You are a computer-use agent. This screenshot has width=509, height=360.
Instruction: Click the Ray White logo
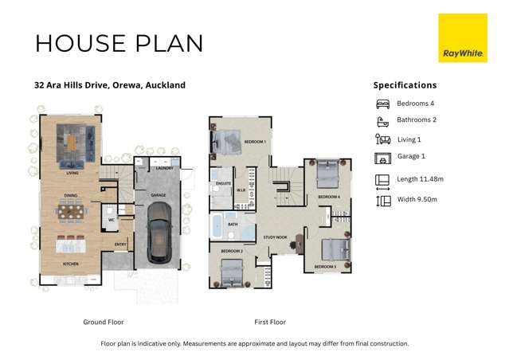click(462, 37)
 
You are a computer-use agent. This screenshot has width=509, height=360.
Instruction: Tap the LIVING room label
click(72, 173)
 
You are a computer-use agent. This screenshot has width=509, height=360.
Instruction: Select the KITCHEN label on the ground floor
click(70, 264)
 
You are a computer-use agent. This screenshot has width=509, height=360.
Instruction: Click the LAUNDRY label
click(165, 168)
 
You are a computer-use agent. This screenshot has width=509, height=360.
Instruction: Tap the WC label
click(112, 220)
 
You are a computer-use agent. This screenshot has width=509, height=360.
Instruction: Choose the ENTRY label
click(120, 245)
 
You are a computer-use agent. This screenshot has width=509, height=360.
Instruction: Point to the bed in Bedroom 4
click(328, 174)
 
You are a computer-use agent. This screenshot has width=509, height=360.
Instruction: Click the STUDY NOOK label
click(276, 237)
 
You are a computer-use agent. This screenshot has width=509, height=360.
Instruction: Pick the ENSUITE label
click(222, 183)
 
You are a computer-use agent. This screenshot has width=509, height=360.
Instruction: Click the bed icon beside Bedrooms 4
click(382, 104)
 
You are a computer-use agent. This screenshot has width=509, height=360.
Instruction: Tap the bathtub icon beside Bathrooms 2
click(382, 121)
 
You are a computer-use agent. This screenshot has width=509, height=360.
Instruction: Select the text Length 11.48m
click(421, 179)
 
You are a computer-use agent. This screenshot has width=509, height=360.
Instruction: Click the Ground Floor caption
click(104, 323)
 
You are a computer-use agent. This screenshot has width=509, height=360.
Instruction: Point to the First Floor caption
click(270, 323)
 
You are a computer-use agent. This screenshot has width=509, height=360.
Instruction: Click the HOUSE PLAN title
click(119, 43)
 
